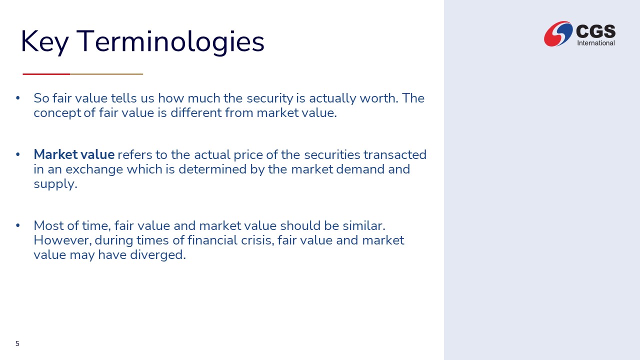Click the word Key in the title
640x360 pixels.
point(45,42)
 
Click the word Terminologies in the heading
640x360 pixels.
point(170,42)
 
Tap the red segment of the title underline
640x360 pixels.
point(46,74)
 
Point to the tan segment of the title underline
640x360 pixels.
point(106,74)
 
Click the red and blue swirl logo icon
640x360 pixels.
point(558,33)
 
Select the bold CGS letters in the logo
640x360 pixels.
point(595,31)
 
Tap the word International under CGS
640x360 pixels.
point(595,43)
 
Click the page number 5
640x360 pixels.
point(17,343)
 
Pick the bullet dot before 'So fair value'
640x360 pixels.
point(18,98)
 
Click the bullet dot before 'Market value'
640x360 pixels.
point(18,154)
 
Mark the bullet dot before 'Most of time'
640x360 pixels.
point(18,225)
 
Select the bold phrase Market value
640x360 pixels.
point(74,154)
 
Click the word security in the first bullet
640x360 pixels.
point(270,98)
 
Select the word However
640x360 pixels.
point(62,240)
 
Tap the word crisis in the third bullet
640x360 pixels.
point(257,240)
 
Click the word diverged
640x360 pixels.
point(157,255)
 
